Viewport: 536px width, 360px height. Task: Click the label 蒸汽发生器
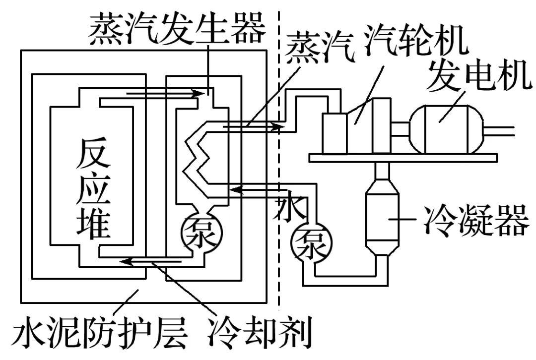[x=175, y=28]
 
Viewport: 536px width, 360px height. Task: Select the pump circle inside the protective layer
[x=201, y=230]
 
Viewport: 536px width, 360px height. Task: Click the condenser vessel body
[x=383, y=218]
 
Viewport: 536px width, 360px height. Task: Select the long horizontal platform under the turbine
[x=402, y=158]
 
